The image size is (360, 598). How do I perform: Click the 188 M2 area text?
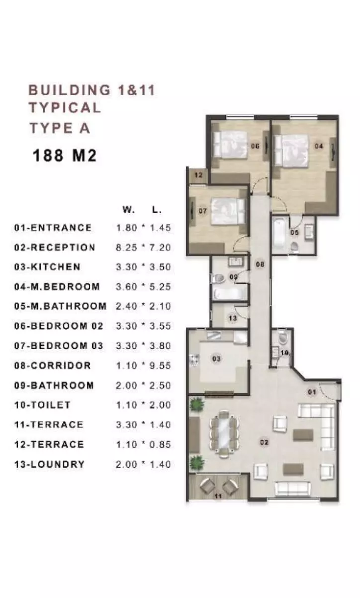tap(64, 156)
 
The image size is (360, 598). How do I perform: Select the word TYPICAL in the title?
tap(65, 108)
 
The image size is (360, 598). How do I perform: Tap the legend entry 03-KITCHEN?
tap(47, 267)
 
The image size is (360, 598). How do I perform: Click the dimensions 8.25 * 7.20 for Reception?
tap(143, 247)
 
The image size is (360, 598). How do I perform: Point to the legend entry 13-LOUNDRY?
tap(49, 464)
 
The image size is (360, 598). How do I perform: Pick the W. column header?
tap(129, 210)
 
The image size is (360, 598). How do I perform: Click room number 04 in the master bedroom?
tap(319, 146)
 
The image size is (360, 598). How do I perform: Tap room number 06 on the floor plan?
tap(255, 146)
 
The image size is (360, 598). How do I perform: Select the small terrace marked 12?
tap(198, 175)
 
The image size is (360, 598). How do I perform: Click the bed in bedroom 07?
tap(228, 211)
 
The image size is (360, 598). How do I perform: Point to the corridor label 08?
tap(260, 264)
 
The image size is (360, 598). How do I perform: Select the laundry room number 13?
tap(232, 318)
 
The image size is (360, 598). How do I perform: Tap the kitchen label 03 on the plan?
tap(216, 359)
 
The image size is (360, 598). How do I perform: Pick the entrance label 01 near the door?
tap(312, 392)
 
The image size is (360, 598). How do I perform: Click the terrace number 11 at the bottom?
tap(218, 496)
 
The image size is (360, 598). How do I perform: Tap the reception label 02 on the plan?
tap(264, 442)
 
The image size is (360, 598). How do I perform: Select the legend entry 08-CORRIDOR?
tap(53, 365)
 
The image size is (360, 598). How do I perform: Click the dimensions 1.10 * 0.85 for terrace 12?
tap(143, 444)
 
